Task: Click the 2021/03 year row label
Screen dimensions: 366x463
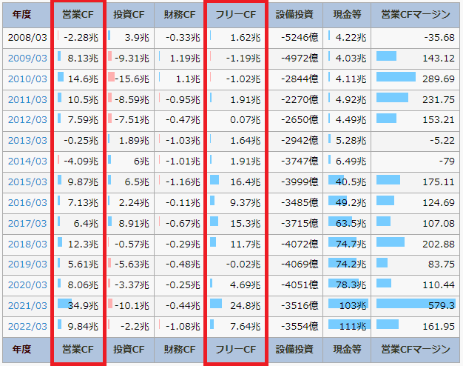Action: point(27,305)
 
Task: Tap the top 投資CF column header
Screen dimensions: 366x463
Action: point(129,15)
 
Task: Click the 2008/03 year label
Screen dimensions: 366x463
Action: point(27,36)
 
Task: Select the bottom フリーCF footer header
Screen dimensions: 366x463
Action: point(234,348)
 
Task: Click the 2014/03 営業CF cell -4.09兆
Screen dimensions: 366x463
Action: point(81,160)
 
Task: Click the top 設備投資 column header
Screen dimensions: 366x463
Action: point(294,15)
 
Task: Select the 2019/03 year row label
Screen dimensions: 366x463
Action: point(27,264)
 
